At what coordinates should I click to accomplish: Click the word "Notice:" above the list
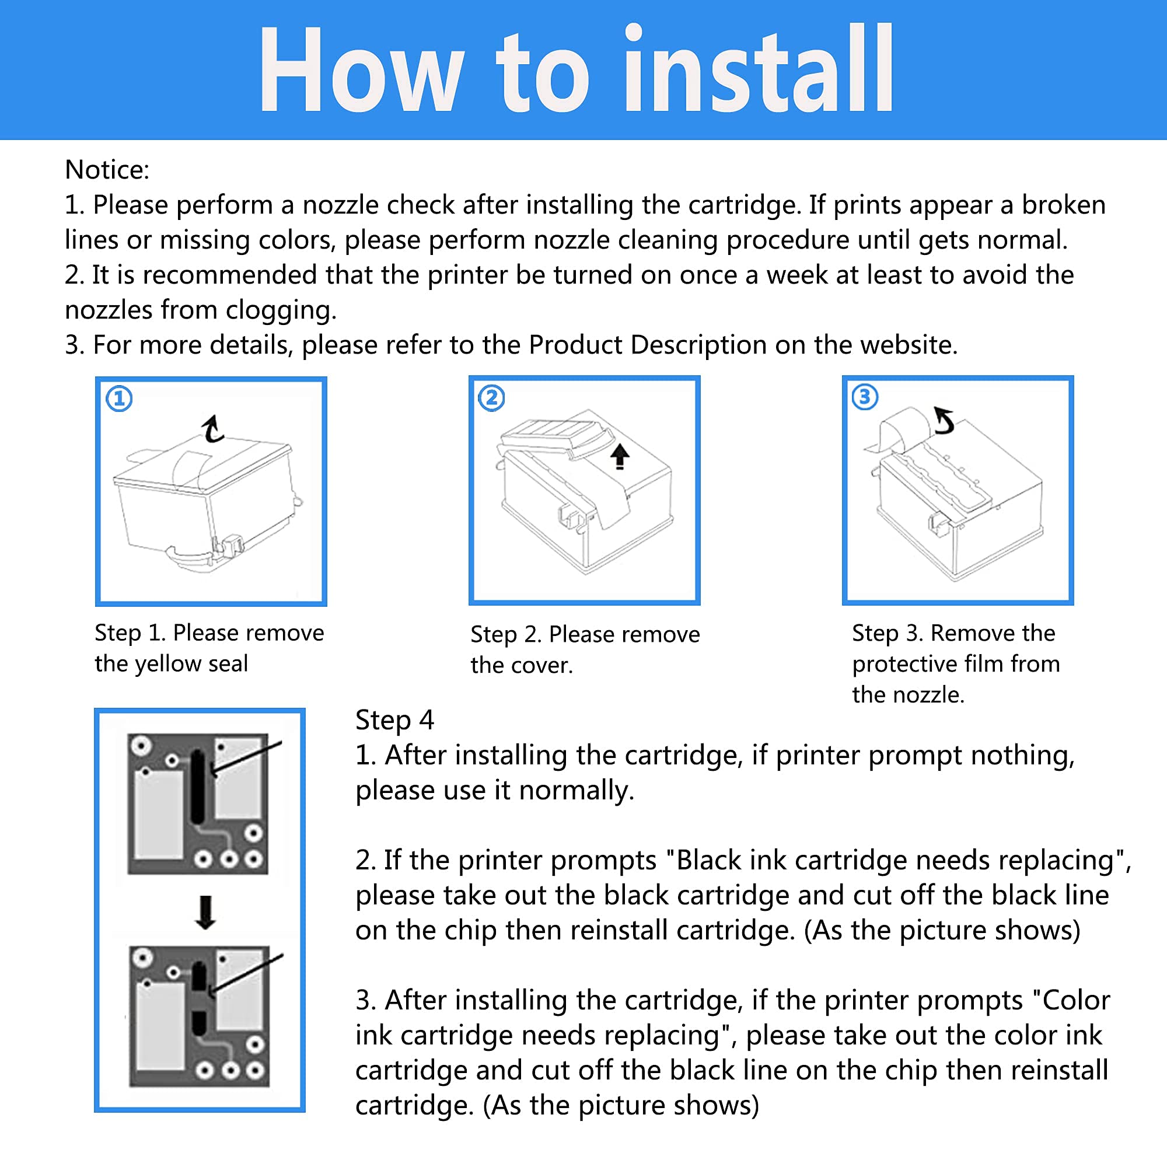coord(107,170)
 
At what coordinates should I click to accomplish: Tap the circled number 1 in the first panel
coord(119,399)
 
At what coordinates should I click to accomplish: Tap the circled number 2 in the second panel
coord(492,398)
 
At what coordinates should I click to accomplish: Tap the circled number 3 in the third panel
coord(865,397)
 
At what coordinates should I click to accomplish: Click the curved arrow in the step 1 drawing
coord(211,429)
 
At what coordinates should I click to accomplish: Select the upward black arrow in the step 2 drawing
coord(619,457)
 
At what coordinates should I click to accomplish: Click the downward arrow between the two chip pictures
coord(206,912)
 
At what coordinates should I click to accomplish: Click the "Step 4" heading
coord(394,721)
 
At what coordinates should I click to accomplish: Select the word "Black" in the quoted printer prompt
coord(708,861)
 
